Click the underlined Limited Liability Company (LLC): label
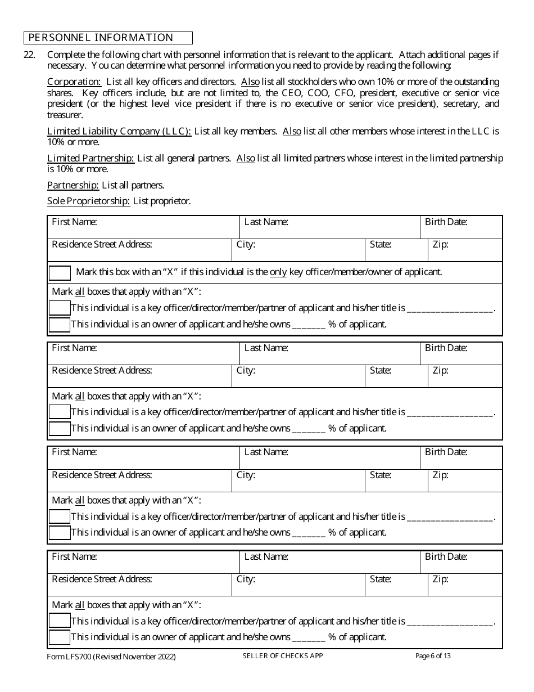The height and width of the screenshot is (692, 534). [119, 131]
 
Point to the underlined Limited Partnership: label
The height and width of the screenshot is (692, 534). [90, 158]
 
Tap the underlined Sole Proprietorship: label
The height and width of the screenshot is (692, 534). [88, 201]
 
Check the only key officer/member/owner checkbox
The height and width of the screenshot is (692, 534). [60, 273]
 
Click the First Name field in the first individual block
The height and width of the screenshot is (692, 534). [143, 227]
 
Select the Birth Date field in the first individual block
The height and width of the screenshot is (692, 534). [461, 227]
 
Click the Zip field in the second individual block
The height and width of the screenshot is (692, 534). [465, 376]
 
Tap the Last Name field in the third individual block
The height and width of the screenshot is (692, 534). [330, 457]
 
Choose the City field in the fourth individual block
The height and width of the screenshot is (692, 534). [298, 585]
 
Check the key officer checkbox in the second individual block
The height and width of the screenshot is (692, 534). [60, 412]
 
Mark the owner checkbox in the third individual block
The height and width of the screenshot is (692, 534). [60, 532]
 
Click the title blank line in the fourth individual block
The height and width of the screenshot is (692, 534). [449, 621]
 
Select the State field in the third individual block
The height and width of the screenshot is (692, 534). [396, 480]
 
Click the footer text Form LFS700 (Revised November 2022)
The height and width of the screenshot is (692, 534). [111, 657]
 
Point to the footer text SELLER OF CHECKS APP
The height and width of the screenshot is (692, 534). [283, 656]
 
